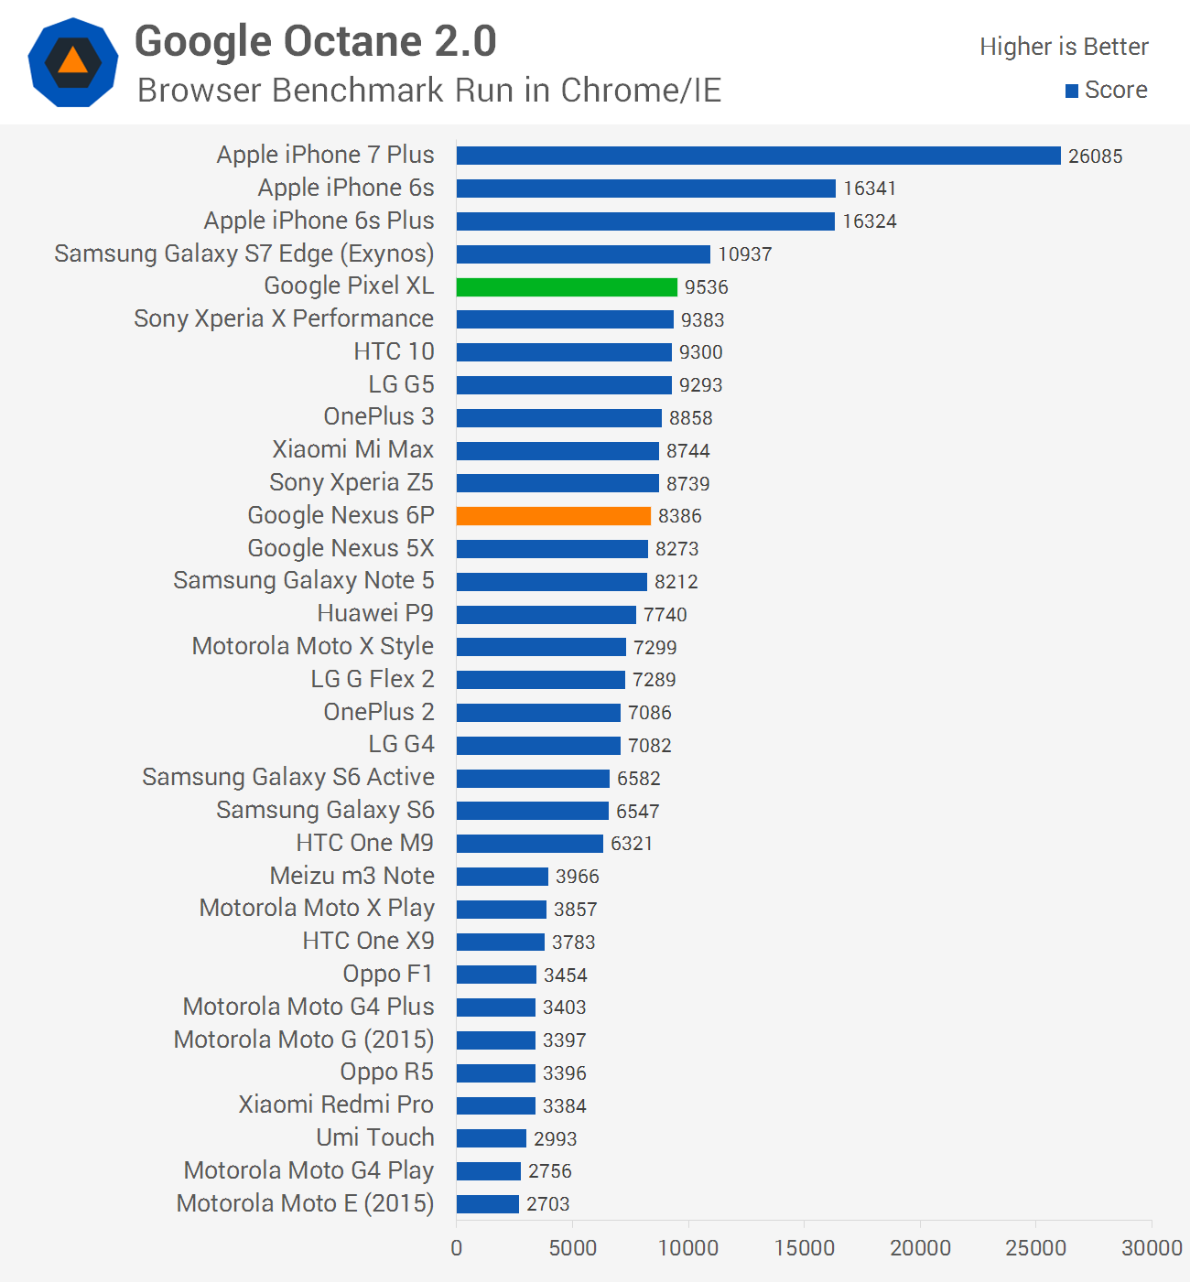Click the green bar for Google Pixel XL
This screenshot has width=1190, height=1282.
[567, 287]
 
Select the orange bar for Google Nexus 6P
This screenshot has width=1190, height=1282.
[554, 516]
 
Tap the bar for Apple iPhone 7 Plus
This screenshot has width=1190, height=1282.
[758, 156]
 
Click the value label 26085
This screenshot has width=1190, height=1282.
[1095, 156]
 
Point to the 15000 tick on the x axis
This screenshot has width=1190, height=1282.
[805, 1248]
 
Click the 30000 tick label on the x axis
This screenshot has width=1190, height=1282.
[1152, 1248]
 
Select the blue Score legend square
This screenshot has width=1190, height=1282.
[1072, 91]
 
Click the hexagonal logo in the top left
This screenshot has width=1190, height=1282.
[73, 62]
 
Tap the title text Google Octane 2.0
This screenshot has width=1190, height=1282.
[316, 42]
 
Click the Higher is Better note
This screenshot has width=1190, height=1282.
[1064, 47]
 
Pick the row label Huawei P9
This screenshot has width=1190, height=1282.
[375, 613]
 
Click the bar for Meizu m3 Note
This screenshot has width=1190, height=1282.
[503, 877]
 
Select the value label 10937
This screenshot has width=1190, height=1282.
[744, 254]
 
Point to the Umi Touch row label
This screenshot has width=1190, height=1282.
[375, 1137]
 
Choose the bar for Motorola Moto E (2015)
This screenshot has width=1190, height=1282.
[488, 1204]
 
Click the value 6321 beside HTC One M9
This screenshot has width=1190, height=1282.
[632, 844]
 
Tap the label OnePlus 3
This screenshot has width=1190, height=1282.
[379, 416]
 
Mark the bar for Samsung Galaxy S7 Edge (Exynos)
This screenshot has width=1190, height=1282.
[583, 254]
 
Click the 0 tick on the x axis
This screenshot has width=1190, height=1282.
[457, 1248]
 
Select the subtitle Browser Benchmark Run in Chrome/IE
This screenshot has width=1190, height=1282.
[429, 91]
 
